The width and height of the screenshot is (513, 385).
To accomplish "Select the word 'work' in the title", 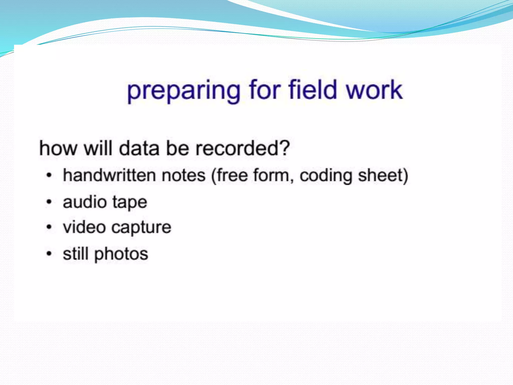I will pyautogui.click(x=374, y=89).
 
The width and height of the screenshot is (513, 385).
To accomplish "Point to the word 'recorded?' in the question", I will pyautogui.click(x=242, y=148).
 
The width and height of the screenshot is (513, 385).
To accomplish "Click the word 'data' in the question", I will pyautogui.click(x=139, y=148).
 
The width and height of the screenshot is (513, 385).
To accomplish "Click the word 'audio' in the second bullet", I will pyautogui.click(x=85, y=202).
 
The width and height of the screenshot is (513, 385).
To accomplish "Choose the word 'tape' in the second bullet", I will pyautogui.click(x=130, y=203).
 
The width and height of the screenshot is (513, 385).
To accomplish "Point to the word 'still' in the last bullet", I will pyautogui.click(x=75, y=254).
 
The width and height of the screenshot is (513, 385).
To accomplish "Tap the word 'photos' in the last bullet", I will pyautogui.click(x=121, y=254).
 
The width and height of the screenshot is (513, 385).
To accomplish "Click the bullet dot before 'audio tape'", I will pyautogui.click(x=49, y=202).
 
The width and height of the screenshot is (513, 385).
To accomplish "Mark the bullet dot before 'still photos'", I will pyautogui.click(x=49, y=254).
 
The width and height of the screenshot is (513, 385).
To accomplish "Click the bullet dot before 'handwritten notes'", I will pyautogui.click(x=49, y=175).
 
